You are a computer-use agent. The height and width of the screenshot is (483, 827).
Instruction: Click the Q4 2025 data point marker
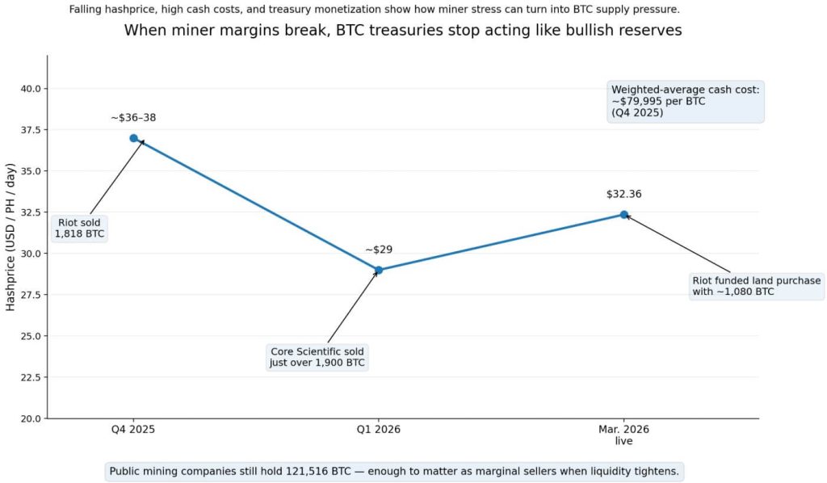(133, 138)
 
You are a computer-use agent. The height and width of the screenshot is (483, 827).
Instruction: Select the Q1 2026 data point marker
(379, 270)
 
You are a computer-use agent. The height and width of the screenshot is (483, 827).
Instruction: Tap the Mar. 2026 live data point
(623, 214)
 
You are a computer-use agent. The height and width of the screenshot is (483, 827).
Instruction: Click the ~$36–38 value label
(133, 118)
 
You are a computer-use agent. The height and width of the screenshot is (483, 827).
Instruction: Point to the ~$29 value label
(379, 250)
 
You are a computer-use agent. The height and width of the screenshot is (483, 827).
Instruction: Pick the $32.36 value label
(623, 194)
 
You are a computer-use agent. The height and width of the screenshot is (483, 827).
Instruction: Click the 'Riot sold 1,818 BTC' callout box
(79, 229)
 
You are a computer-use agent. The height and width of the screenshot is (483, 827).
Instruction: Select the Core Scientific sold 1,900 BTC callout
(317, 357)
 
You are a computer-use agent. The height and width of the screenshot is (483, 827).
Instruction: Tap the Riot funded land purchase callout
(756, 286)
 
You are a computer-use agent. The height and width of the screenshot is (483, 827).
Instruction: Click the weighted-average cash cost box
(685, 101)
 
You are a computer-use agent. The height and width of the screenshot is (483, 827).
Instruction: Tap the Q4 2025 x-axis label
(133, 430)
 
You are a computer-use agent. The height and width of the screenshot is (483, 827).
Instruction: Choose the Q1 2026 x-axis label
(379, 430)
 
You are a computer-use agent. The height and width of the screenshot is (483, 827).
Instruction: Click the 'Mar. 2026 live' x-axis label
(623, 435)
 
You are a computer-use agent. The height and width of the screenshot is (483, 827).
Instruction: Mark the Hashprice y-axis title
(10, 237)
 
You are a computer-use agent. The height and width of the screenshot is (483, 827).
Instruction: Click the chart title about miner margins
(402, 31)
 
